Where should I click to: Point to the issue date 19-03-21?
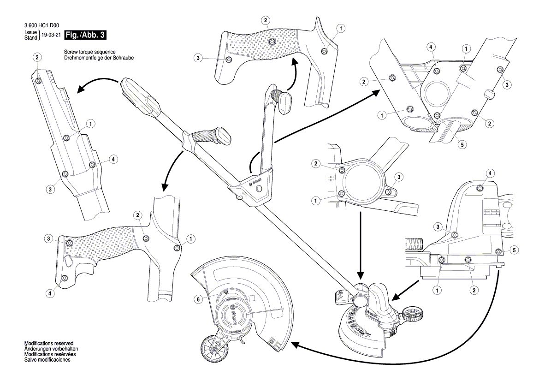(51, 35)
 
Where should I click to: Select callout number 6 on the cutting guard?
(198, 298)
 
